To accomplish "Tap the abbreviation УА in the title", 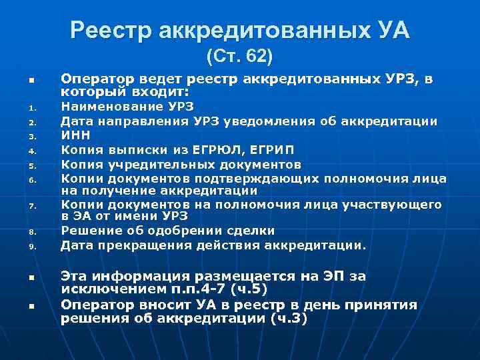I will (x=391, y=30).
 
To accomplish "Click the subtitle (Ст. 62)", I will (x=239, y=56).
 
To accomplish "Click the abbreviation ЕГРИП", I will (x=272, y=149).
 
